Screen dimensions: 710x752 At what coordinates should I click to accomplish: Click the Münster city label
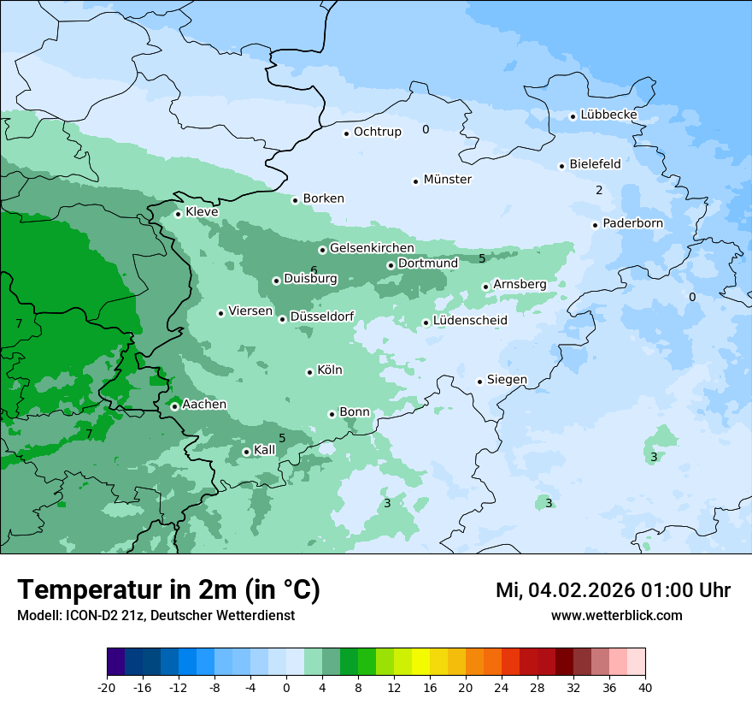tap(448, 180)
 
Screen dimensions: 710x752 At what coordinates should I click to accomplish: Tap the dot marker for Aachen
tap(174, 406)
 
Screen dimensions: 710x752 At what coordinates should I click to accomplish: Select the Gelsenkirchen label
tap(372, 248)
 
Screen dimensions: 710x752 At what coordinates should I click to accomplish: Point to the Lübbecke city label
tap(608, 115)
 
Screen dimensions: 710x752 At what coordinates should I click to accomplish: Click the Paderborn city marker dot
tap(595, 225)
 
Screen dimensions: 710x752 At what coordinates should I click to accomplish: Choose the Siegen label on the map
tap(507, 380)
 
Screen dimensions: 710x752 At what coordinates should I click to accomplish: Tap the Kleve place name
tap(202, 212)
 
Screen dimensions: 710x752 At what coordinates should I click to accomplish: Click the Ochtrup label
tap(377, 132)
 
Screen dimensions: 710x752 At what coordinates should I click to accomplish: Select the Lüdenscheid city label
tap(470, 321)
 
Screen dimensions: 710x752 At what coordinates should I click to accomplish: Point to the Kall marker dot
tap(246, 452)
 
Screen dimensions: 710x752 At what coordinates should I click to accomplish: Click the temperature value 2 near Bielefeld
tap(599, 190)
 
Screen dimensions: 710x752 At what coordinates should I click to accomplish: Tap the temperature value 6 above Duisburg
tap(314, 270)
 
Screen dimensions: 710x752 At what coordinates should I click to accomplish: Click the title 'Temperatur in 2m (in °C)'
tap(168, 590)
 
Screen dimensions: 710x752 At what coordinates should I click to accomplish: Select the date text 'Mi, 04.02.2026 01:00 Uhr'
tap(613, 590)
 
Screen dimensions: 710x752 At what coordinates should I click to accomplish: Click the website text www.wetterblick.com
tap(616, 615)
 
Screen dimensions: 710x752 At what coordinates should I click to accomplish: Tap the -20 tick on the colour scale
tap(107, 687)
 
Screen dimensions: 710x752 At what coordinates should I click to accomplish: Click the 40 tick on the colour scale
tap(645, 687)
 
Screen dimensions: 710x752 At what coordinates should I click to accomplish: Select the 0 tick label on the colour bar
tap(286, 687)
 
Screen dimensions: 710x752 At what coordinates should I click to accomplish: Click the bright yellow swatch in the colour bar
tap(420, 662)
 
